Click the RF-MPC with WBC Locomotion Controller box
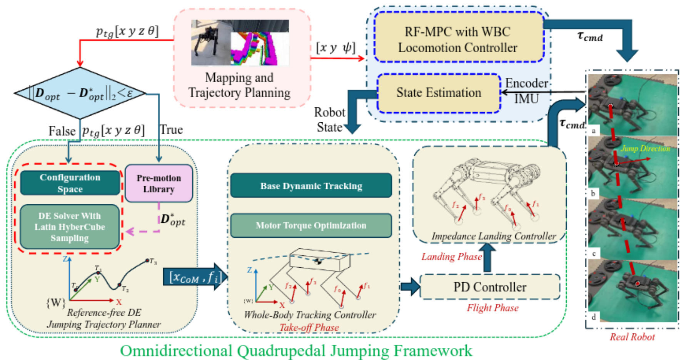pyautogui.click(x=458, y=38)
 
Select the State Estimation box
pyautogui.click(x=439, y=93)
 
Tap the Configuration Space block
pyautogui.click(x=70, y=183)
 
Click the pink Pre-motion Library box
pyautogui.click(x=159, y=183)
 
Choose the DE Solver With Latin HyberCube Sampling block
pyautogui.click(x=70, y=227)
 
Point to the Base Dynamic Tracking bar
pyautogui.click(x=311, y=186)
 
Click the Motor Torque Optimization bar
pyautogui.click(x=311, y=225)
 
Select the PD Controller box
pyautogui.click(x=489, y=287)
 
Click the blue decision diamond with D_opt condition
pyautogui.click(x=80, y=93)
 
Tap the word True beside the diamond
pyautogui.click(x=171, y=130)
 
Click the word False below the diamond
pyautogui.click(x=62, y=131)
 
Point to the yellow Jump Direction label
pyautogui.click(x=646, y=148)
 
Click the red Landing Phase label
pyautogui.click(x=451, y=257)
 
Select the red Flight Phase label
pyautogui.click(x=492, y=308)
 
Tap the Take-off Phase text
pyautogui.click(x=309, y=327)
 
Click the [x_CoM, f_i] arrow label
pyautogui.click(x=195, y=277)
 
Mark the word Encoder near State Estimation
pyautogui.click(x=526, y=83)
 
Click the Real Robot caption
pyautogui.click(x=632, y=337)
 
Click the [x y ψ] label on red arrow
pyautogui.click(x=335, y=48)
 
